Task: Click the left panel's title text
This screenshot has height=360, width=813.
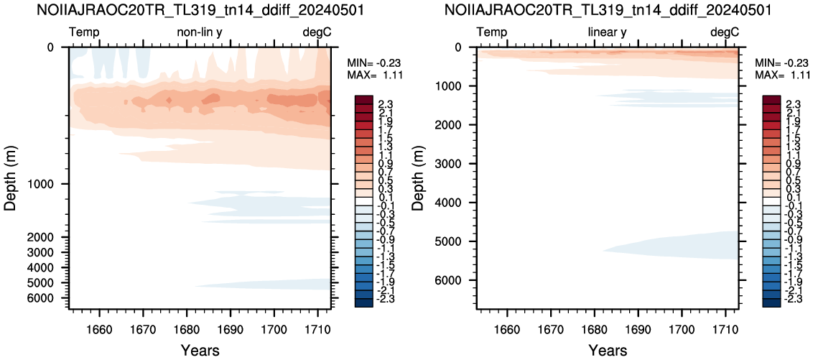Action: pyautogui.click(x=197, y=10)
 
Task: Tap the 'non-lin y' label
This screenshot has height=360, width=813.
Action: pyautogui.click(x=200, y=32)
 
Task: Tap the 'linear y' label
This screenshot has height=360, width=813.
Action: pyautogui.click(x=607, y=32)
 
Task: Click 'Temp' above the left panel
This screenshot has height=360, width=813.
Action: pyautogui.click(x=84, y=33)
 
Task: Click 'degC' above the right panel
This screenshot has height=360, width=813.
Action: pyautogui.click(x=725, y=32)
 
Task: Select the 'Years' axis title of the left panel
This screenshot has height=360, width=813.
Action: pyautogui.click(x=200, y=350)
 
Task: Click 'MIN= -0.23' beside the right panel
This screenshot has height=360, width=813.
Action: pyautogui.click(x=776, y=63)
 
